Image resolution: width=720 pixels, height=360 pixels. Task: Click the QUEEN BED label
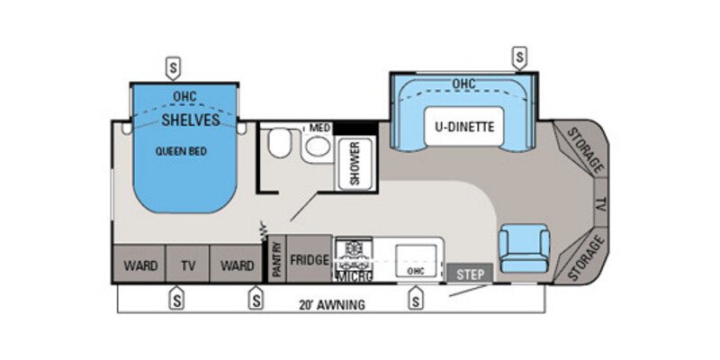(x=181, y=151)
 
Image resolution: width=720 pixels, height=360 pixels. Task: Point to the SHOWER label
(x=355, y=163)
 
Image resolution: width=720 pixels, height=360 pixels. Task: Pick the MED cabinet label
(x=319, y=128)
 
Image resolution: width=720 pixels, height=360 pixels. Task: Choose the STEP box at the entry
(x=470, y=274)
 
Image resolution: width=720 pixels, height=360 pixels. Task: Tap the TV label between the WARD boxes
(x=188, y=265)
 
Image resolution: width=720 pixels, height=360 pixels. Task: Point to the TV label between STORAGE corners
(x=600, y=205)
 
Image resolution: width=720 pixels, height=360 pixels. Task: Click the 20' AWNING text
(x=333, y=305)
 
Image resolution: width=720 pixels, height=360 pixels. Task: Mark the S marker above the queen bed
(x=173, y=67)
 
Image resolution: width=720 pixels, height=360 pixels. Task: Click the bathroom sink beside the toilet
(x=316, y=148)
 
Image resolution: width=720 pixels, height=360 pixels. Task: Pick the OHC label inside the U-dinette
(x=463, y=85)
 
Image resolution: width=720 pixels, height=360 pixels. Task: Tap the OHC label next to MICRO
(x=415, y=270)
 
